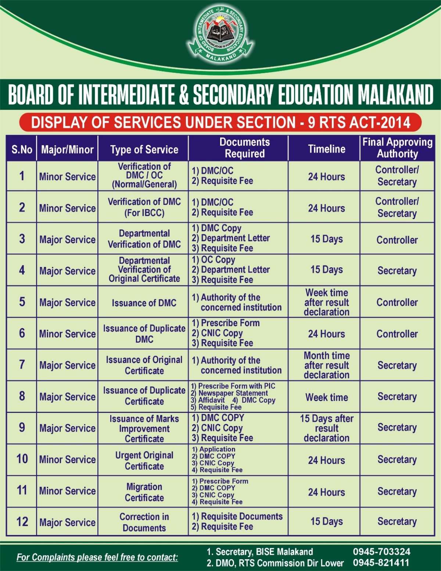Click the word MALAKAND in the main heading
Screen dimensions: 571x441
click(396, 95)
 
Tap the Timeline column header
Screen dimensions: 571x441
click(326, 149)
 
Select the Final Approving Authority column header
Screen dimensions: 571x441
click(397, 148)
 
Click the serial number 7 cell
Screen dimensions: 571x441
click(22, 365)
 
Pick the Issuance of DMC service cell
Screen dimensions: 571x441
click(144, 303)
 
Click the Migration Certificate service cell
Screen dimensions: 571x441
click(144, 492)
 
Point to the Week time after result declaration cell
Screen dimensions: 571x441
click(326, 302)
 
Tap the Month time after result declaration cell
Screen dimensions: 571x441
click(326, 365)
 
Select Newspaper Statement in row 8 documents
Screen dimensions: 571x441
click(233, 393)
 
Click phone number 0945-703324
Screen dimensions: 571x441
click(381, 552)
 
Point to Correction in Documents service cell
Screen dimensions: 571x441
click(144, 522)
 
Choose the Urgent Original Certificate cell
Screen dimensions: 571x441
click(144, 460)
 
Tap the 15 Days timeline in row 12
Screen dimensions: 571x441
click(326, 521)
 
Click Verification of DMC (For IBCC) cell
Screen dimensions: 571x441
click(144, 207)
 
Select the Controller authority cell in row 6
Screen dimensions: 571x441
click(397, 334)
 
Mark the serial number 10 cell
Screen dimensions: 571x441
click(22, 459)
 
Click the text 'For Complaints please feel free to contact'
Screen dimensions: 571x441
click(97, 557)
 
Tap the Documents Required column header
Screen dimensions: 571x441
click(244, 148)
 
